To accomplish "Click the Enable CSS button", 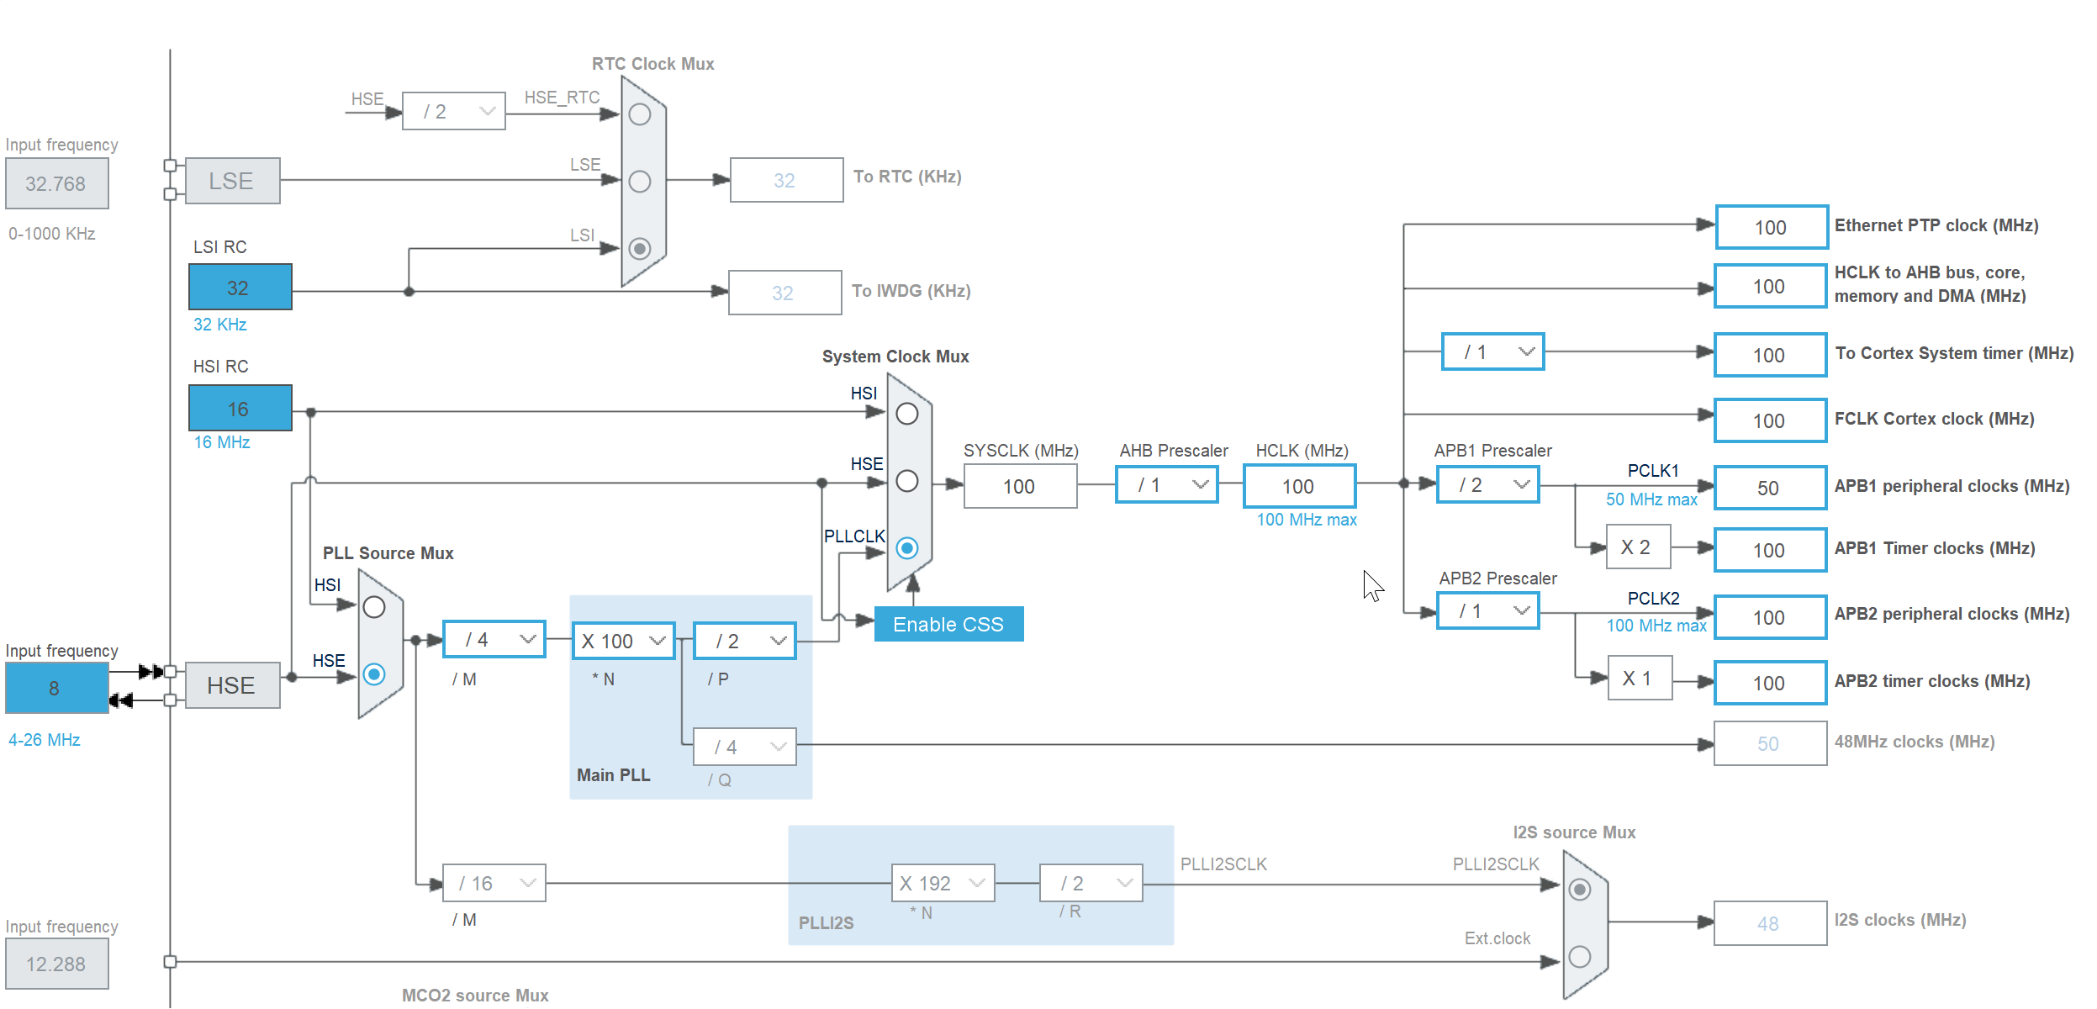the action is [x=948, y=624].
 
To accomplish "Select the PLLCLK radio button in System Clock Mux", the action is [x=907, y=548].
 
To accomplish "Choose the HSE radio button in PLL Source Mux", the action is [x=374, y=674].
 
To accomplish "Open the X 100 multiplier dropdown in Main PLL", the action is [x=623, y=641].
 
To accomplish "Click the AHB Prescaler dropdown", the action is [x=1167, y=485].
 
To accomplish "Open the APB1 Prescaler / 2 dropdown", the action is [x=1488, y=485].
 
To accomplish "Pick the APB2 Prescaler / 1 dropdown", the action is [x=1488, y=611].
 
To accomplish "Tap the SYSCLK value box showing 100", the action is [x=1020, y=486].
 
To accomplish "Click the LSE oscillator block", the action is [x=233, y=181].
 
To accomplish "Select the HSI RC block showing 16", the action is [x=240, y=408].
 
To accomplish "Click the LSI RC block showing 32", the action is [x=240, y=287].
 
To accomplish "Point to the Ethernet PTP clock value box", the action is [x=1772, y=227].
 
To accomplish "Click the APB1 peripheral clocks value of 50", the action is [x=1770, y=488].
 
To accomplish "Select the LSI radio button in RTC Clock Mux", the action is [x=640, y=249].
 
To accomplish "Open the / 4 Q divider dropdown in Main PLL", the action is [x=745, y=747].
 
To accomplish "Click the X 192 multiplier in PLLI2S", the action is [x=943, y=883].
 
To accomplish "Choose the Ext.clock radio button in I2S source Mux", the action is [x=1580, y=957].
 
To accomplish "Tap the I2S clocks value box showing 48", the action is [x=1770, y=923].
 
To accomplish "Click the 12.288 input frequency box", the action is [x=57, y=964].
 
